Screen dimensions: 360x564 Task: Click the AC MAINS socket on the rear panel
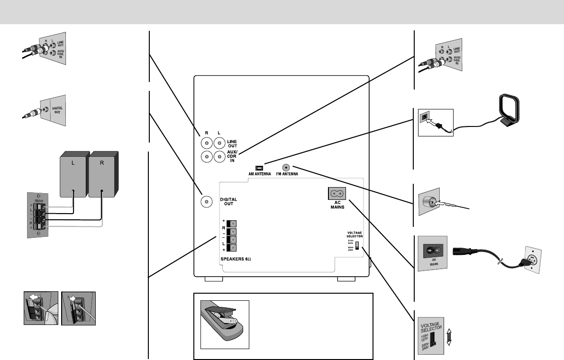click(x=337, y=194)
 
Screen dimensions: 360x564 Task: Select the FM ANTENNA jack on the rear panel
click(x=286, y=167)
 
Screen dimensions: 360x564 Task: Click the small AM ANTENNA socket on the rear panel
click(x=259, y=168)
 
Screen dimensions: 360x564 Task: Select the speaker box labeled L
click(x=74, y=173)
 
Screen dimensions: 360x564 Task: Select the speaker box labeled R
click(x=102, y=173)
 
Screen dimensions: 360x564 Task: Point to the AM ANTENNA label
click(x=259, y=174)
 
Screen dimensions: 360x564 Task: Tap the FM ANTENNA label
click(x=286, y=174)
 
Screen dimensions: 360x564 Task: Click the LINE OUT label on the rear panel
click(x=232, y=144)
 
